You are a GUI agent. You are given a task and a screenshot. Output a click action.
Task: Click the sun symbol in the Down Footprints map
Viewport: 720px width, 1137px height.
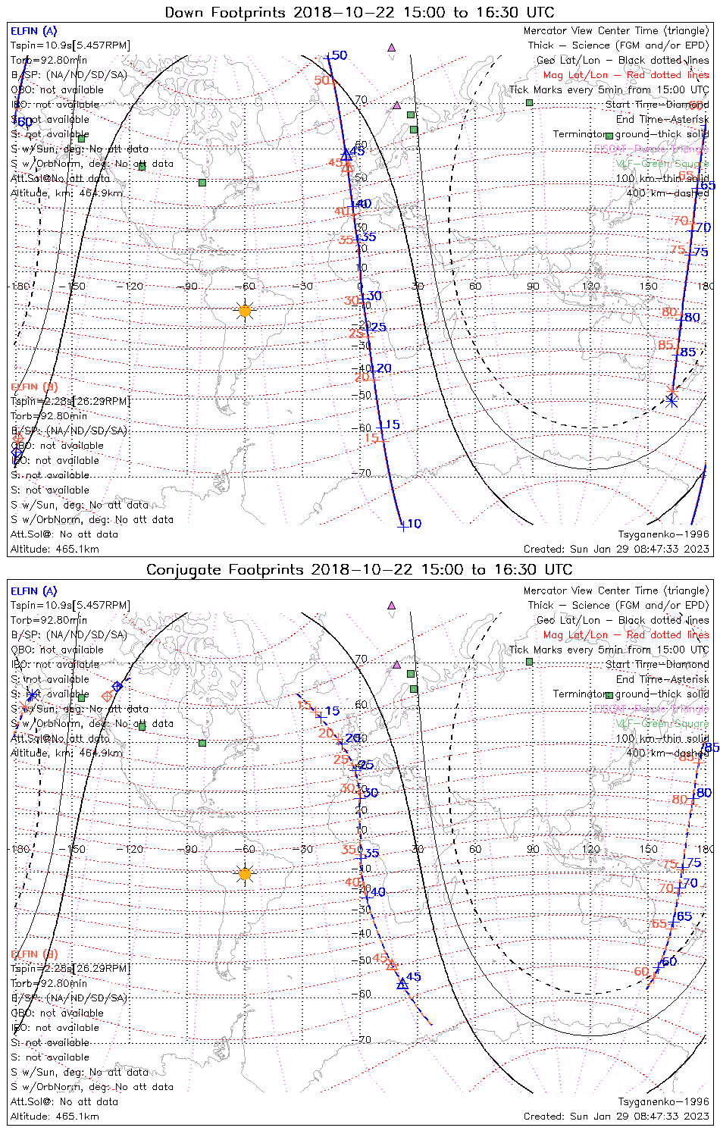tap(244, 311)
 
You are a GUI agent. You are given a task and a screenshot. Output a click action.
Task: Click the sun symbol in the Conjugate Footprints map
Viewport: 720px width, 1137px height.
tap(244, 874)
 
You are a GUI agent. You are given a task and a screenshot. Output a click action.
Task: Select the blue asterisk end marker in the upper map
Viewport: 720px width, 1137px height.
tap(671, 401)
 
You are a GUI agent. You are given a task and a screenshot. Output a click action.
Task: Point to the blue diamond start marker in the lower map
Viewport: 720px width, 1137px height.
tap(117, 687)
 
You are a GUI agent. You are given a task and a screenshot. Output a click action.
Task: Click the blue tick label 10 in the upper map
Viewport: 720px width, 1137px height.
tap(414, 524)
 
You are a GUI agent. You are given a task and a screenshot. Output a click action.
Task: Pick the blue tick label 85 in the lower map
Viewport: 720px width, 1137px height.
tap(712, 748)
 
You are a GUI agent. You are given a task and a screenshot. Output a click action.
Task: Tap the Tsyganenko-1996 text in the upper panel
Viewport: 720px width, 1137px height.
tap(663, 534)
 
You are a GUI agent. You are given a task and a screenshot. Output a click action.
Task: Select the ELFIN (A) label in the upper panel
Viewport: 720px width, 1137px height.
tap(34, 31)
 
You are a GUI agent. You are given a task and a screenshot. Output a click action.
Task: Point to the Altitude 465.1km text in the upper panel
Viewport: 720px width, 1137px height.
tap(55, 549)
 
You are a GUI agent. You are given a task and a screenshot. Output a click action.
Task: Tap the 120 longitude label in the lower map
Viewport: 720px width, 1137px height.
tap(591, 849)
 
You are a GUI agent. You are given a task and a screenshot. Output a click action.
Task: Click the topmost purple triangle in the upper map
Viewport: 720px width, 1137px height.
tap(391, 48)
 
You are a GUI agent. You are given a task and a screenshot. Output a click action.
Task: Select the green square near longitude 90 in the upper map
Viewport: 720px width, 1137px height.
tap(530, 102)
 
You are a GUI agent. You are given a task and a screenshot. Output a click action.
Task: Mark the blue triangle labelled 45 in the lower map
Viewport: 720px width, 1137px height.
tap(402, 984)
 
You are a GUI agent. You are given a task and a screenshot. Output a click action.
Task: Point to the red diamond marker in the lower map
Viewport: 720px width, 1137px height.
tap(107, 696)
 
